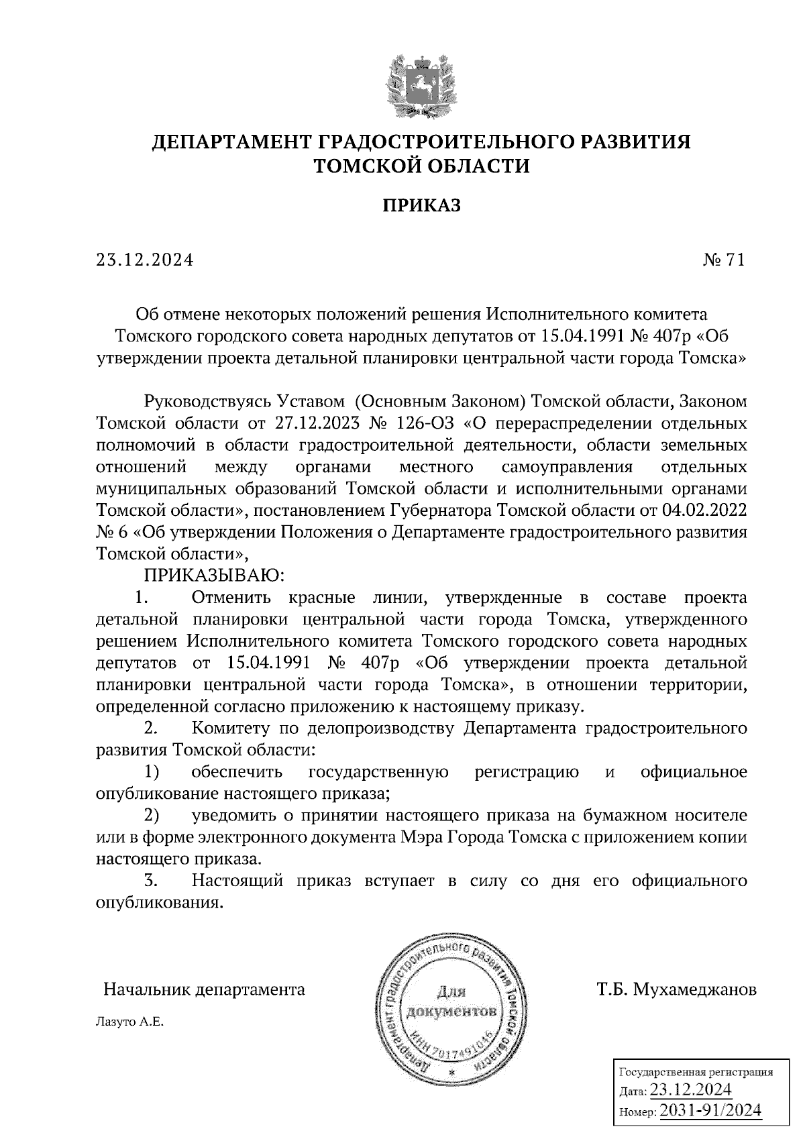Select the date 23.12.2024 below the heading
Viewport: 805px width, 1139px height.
click(145, 260)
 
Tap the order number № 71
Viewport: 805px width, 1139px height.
click(723, 260)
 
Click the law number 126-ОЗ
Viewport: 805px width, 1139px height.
click(420, 423)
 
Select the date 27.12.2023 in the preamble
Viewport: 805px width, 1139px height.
click(313, 423)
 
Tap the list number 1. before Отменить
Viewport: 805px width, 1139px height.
click(141, 597)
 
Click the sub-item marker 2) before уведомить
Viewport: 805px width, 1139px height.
click(152, 816)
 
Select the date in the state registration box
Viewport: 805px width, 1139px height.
click(691, 1089)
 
